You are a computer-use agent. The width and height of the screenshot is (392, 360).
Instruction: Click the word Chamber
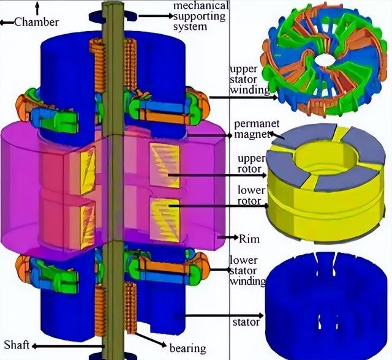[x=37, y=22]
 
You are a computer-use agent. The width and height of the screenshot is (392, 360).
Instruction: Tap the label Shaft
[x=17, y=345]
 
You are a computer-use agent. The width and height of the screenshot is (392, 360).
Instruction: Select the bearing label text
[x=188, y=348]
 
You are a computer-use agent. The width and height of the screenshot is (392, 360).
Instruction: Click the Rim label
[x=249, y=239]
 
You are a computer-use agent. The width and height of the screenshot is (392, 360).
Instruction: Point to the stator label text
[x=246, y=322]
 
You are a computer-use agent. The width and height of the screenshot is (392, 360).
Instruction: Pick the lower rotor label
[x=251, y=196]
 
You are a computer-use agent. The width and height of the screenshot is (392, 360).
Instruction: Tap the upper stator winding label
[x=249, y=80]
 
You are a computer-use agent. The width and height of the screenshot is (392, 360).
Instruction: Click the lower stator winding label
[x=247, y=271]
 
